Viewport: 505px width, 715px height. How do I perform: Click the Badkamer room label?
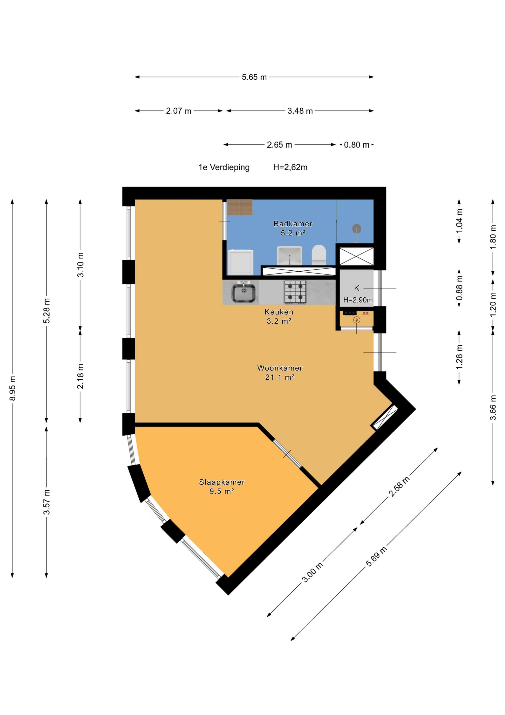click(x=293, y=224)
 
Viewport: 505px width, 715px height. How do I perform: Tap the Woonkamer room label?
click(x=280, y=368)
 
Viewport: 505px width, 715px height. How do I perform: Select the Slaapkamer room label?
click(x=221, y=482)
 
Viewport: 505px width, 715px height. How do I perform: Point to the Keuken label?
click(x=279, y=312)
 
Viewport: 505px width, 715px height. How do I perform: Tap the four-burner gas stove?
click(x=295, y=292)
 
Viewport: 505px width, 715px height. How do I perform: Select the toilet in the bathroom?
click(x=319, y=255)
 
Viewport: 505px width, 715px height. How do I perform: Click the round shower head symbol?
click(x=357, y=229)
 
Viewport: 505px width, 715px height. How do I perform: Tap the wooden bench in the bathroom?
click(x=240, y=207)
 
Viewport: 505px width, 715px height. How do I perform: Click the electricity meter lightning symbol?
click(x=357, y=320)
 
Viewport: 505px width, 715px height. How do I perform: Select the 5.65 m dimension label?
click(x=254, y=77)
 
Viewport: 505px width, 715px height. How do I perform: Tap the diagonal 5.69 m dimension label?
click(x=376, y=556)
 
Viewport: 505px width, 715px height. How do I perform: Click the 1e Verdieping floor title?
click(x=224, y=167)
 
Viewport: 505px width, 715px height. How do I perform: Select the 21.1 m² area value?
click(x=280, y=377)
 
